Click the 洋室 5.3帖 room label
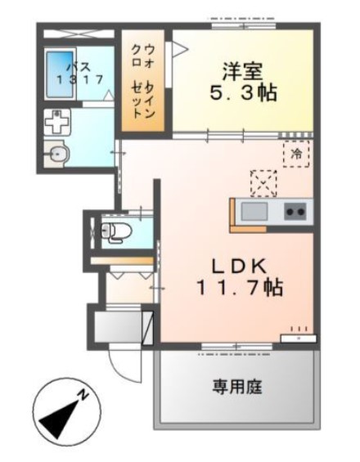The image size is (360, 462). (243, 83)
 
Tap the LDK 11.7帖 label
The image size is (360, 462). (239, 277)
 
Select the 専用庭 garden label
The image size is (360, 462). (237, 387)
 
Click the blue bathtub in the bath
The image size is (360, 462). (60, 76)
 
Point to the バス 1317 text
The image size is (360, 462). (80, 73)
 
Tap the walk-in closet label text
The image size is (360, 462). (143, 83)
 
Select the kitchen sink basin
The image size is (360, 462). (254, 211)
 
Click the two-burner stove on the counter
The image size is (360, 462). (295, 212)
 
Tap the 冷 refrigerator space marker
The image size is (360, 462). (296, 154)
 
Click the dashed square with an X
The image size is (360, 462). (263, 183)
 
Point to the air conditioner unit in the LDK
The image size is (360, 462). (299, 338)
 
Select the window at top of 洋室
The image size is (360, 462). (244, 25)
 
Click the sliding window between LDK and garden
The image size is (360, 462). (237, 347)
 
